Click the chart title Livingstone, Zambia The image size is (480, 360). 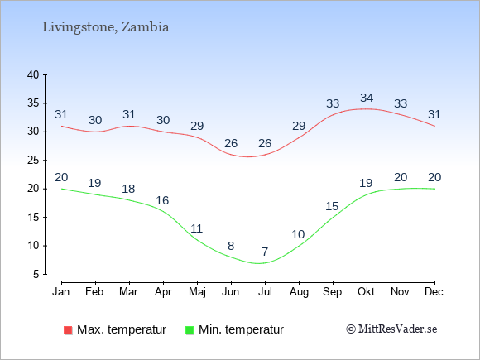106,27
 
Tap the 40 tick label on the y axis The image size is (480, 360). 33,74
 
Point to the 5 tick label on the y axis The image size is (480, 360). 36,274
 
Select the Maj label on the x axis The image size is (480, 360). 197,292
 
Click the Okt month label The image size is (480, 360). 366,292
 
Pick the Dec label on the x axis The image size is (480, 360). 434,292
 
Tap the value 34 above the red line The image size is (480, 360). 367,98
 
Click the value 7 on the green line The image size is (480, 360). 265,252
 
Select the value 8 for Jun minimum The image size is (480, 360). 231,246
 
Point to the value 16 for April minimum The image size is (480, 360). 162,200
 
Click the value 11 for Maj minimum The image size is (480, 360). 196,228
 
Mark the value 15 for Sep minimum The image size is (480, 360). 332,206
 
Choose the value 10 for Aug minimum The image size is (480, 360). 298,234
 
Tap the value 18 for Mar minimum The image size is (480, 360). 128,189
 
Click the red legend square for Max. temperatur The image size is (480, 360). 68,330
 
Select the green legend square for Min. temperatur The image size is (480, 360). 190,330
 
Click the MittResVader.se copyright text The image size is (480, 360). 391,329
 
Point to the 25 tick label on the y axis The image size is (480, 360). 33,160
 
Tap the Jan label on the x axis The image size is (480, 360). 61,292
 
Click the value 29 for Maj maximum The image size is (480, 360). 197,126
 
